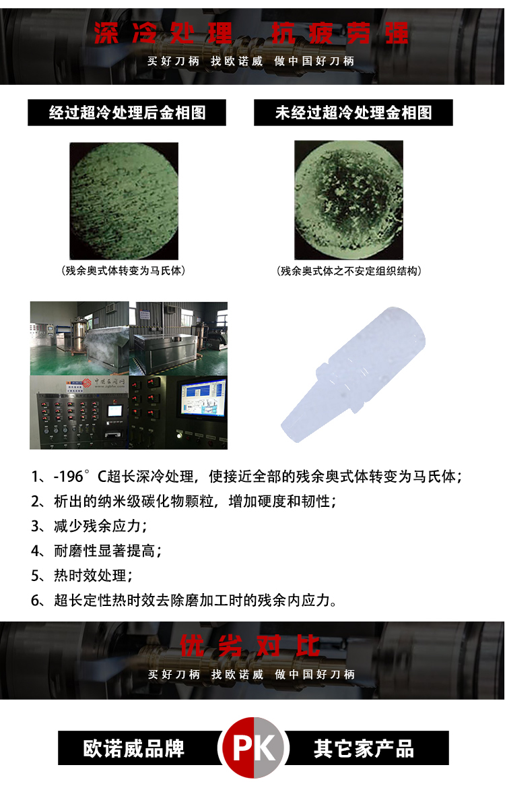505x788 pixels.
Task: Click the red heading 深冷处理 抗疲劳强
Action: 251,33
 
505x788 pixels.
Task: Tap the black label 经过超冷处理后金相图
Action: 127,113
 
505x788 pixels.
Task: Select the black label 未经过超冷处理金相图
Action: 353,113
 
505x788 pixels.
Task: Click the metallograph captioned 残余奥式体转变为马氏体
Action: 124,201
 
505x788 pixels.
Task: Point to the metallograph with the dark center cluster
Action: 349,200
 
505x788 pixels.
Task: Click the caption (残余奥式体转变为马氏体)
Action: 123,270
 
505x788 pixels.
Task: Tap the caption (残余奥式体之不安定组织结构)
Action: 349,271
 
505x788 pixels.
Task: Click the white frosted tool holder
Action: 353,374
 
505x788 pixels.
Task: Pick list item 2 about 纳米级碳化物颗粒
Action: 184,501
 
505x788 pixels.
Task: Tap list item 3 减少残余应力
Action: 89,526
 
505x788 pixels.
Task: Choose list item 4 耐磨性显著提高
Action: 96,550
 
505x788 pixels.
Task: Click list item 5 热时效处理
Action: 82,575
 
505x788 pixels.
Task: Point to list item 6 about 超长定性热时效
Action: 184,599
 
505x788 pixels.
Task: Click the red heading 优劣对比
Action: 250,646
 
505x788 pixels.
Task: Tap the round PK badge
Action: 253,748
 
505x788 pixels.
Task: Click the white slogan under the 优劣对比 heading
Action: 252,675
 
